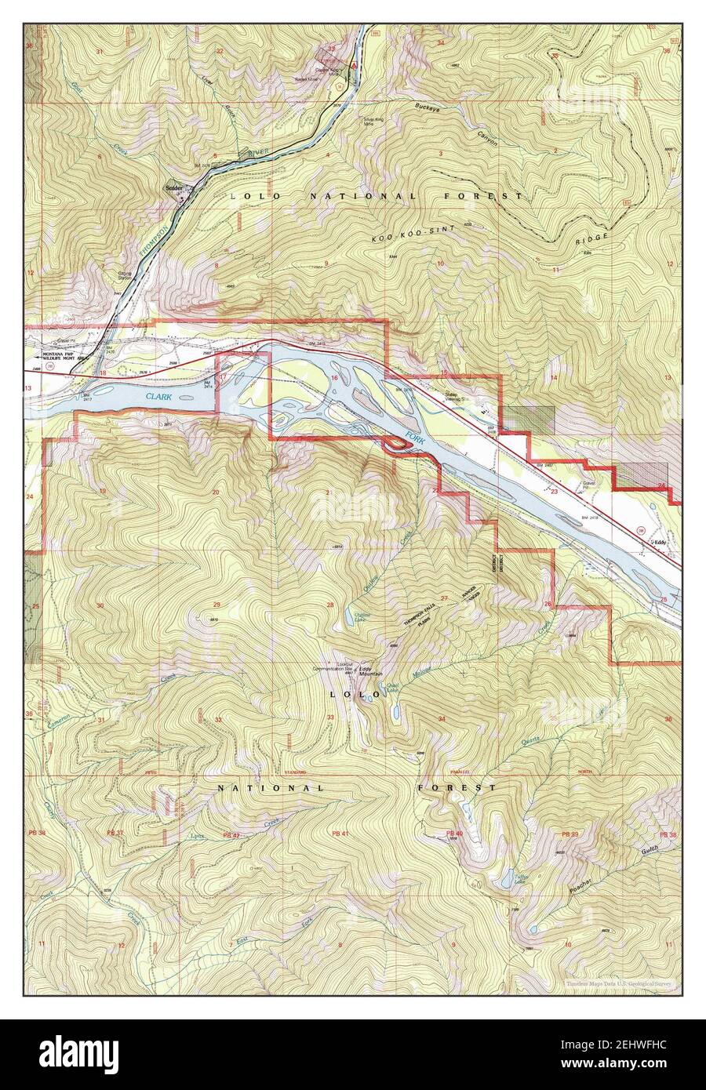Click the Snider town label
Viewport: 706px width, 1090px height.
coord(174,189)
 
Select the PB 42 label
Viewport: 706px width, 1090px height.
coord(230,834)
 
